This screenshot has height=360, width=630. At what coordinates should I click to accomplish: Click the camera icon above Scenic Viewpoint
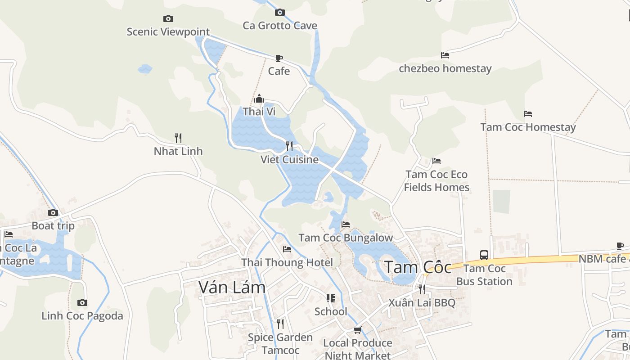168,18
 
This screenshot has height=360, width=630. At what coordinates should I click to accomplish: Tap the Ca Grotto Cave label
280,26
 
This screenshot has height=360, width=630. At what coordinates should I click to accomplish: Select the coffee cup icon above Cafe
279,58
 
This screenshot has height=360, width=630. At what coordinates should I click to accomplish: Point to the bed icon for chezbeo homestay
445,55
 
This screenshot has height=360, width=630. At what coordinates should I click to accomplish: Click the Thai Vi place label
259,111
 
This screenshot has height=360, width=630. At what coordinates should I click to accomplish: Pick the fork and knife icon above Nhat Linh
178,138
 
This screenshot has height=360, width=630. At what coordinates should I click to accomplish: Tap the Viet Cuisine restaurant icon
289,146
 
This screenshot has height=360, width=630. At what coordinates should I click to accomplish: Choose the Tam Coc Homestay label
528,127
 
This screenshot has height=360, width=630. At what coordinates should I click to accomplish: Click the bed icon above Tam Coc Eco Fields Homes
436,161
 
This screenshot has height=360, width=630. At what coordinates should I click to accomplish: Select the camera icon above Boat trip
53,212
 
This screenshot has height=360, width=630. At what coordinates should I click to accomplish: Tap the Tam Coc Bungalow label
346,238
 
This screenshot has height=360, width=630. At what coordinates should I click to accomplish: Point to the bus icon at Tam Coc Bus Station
484,255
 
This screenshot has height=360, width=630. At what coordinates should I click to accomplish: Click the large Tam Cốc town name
417,267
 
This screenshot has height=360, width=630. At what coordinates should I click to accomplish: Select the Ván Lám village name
232,287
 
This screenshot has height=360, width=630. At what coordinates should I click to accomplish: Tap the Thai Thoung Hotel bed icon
287,249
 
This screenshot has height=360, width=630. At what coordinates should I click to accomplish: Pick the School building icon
331,298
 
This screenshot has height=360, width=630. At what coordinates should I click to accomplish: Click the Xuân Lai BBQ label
422,302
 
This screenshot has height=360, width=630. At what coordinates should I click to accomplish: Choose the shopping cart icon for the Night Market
358,330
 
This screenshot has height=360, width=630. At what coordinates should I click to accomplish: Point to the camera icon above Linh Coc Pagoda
82,302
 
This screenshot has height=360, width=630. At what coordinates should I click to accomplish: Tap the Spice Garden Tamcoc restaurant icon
280,324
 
